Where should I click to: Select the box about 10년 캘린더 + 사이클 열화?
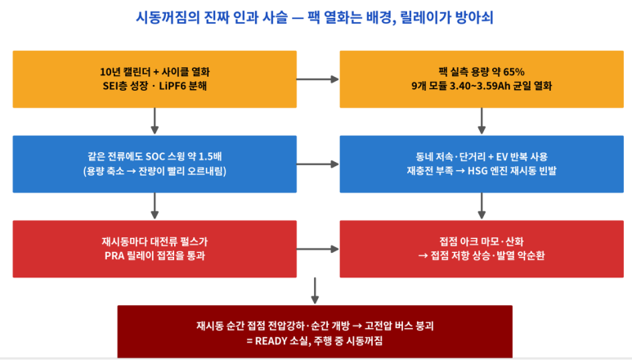click(x=155, y=79)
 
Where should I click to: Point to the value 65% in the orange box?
click(x=514, y=72)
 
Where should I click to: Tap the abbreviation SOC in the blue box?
click(x=155, y=156)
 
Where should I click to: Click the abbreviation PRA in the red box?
click(x=114, y=255)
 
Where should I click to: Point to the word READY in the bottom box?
click(x=271, y=340)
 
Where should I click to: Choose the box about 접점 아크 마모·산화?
click(x=482, y=249)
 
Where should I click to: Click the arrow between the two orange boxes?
click(x=318, y=79)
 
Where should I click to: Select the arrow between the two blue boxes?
click(x=318, y=164)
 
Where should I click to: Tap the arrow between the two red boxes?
click(x=318, y=250)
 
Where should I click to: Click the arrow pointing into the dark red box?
click(x=316, y=290)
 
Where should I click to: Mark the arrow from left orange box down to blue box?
click(x=155, y=121)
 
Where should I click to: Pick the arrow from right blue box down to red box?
click(x=482, y=206)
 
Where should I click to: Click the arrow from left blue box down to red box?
click(x=155, y=206)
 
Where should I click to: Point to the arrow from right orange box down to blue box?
click(x=482, y=121)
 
